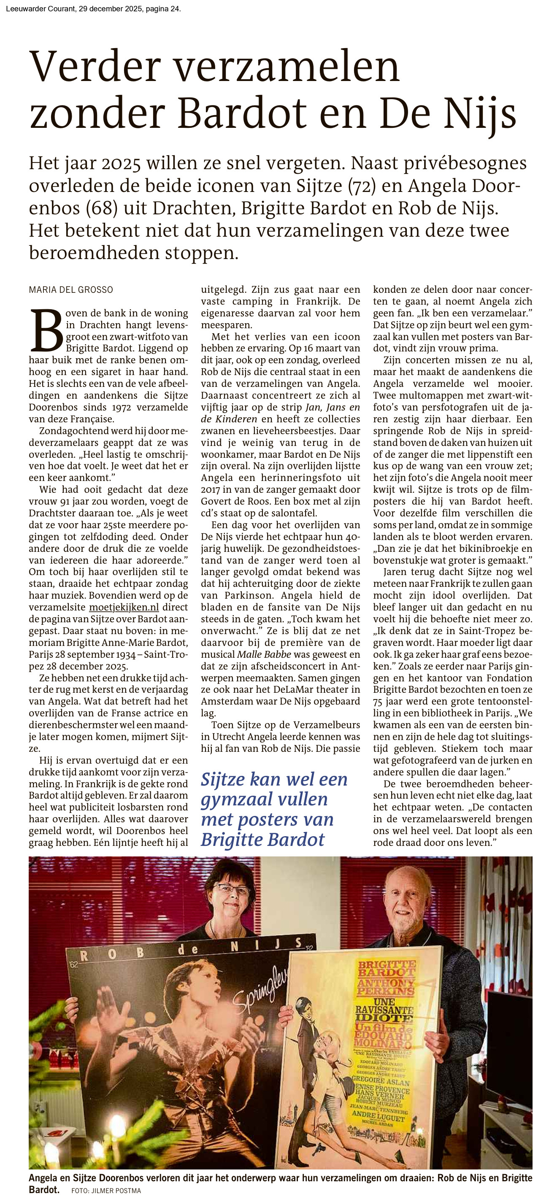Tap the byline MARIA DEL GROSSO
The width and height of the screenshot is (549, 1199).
[71, 289]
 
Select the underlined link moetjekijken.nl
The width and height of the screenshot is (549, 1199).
[124, 607]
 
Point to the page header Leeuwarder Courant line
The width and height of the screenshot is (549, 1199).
[93, 9]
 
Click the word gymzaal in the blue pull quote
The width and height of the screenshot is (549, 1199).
[265, 799]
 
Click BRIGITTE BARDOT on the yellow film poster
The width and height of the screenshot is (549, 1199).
[386, 969]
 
